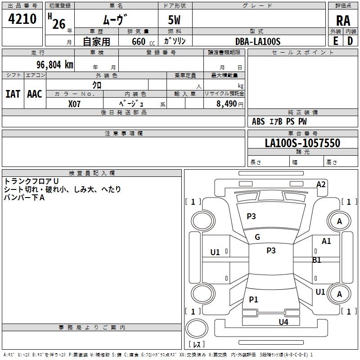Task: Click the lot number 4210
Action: tap(22, 18)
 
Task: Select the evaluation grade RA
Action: tap(343, 21)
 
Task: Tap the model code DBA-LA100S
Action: tap(258, 41)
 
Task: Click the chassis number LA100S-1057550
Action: tap(302, 143)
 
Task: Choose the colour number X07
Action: tap(74, 103)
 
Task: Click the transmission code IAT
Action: tap(13, 94)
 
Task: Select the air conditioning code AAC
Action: tap(35, 94)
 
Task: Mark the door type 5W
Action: tap(175, 21)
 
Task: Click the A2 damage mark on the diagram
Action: tap(321, 184)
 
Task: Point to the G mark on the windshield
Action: tap(257, 237)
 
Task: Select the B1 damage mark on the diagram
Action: tap(317, 260)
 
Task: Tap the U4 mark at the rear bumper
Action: tap(283, 322)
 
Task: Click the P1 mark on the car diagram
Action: tap(253, 300)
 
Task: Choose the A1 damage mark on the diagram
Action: tap(326, 241)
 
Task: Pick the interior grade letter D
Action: tap(350, 40)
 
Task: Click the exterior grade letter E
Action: tap(335, 40)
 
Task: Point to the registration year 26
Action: tap(58, 24)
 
